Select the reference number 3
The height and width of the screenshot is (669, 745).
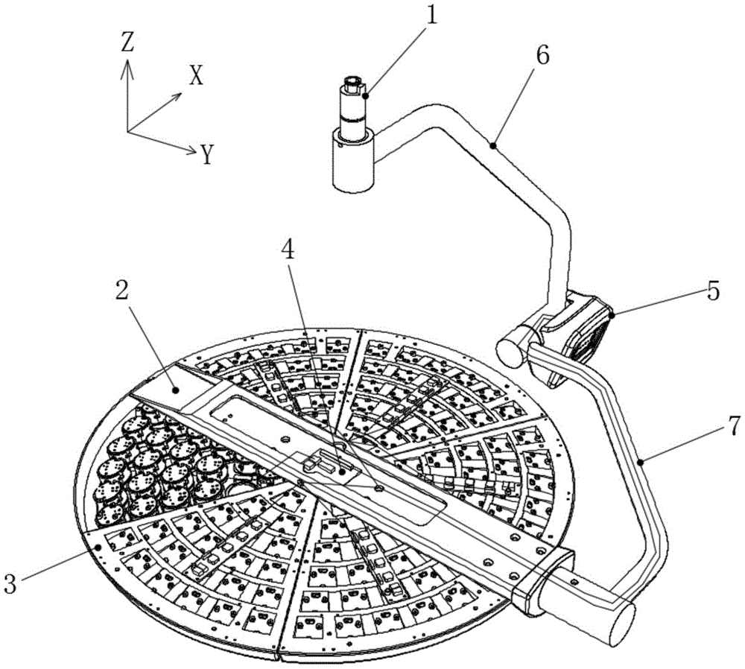click(x=10, y=583)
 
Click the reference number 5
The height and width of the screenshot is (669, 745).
click(x=714, y=291)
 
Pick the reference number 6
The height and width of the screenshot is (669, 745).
click(x=542, y=56)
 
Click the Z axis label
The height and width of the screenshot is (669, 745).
click(x=127, y=42)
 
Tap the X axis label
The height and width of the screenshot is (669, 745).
click(x=196, y=75)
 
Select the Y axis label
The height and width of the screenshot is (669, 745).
click(x=206, y=154)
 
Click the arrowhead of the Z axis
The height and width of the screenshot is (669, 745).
click(x=127, y=68)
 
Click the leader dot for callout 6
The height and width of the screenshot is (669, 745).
click(x=494, y=145)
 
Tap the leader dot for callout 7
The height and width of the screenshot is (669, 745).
click(x=641, y=460)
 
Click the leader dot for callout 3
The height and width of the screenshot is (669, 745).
click(x=98, y=547)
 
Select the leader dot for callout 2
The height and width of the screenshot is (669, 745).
click(x=176, y=390)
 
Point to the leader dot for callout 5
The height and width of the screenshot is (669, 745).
click(x=612, y=314)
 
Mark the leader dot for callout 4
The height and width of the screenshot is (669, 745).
click(x=343, y=472)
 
